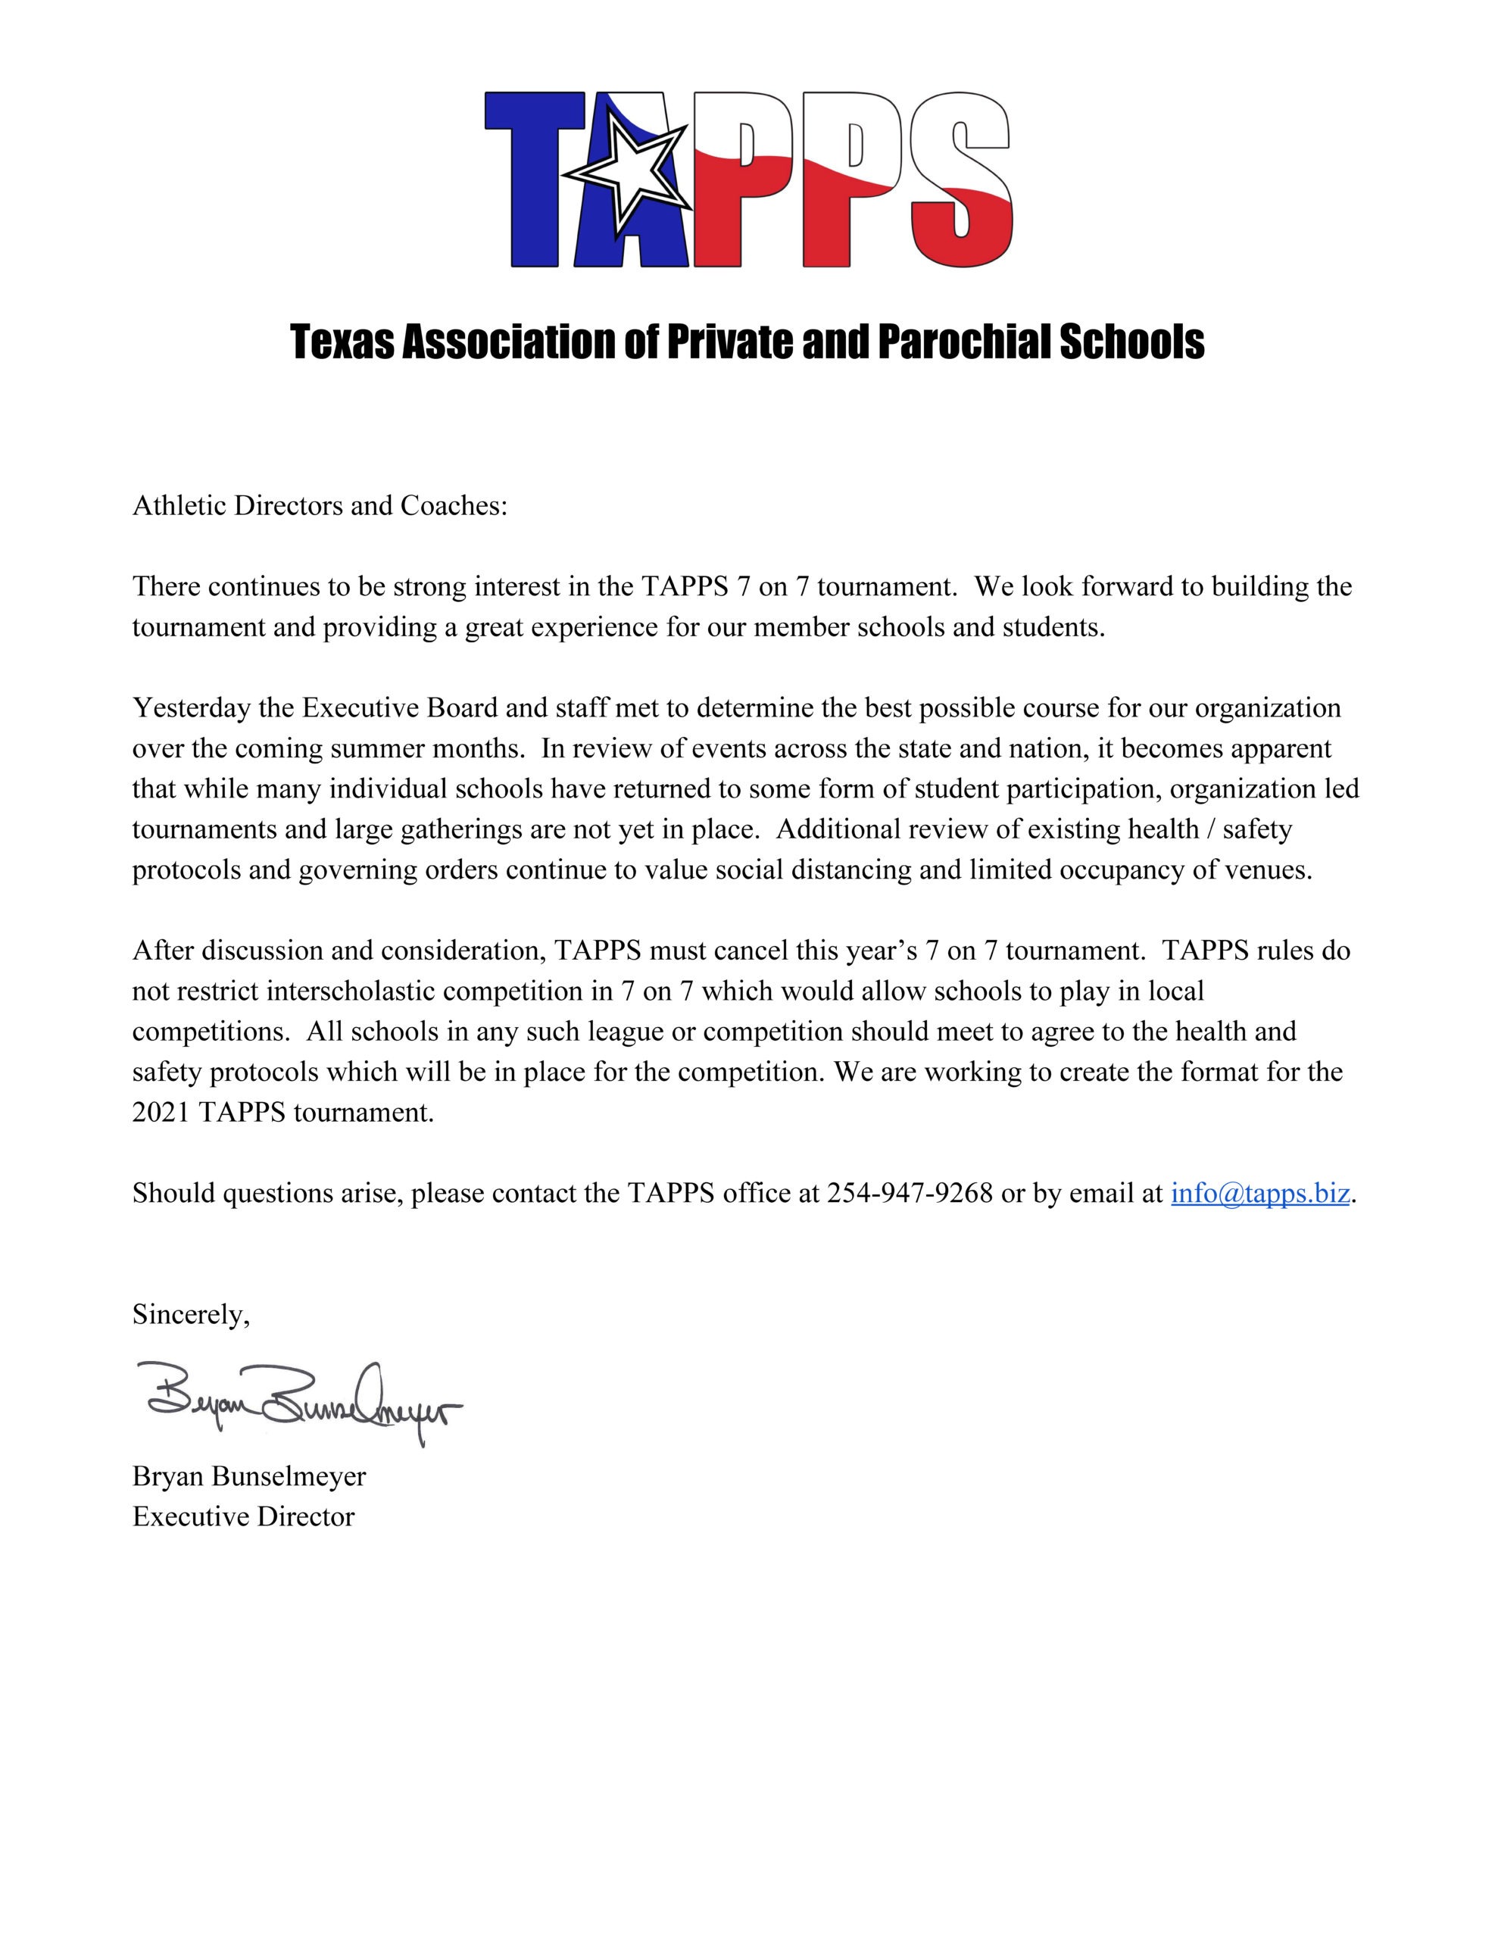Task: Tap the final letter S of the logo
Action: (961, 177)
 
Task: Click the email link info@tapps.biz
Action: (1260, 1192)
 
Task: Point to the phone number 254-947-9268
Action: (910, 1192)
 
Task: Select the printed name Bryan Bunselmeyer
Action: (248, 1475)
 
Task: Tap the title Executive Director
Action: (243, 1516)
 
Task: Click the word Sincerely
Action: (191, 1314)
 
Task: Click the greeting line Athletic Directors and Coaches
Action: (320, 505)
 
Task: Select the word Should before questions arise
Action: (173, 1192)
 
